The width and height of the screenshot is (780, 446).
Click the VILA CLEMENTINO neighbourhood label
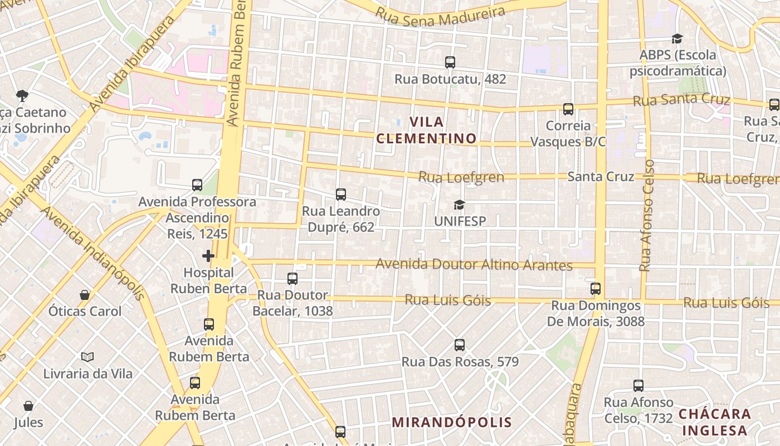tap(427, 130)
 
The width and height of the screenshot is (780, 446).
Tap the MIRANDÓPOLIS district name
tap(451, 422)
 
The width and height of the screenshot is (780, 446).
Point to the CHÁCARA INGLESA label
tap(715, 422)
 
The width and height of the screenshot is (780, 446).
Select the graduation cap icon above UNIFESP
tap(459, 205)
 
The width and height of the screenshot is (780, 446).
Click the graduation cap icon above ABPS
tap(677, 38)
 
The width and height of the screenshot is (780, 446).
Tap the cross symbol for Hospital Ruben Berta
tap(208, 256)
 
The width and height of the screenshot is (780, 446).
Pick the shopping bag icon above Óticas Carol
tap(85, 294)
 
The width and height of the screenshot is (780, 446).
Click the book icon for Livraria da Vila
tap(87, 357)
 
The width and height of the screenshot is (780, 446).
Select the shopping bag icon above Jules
tap(28, 406)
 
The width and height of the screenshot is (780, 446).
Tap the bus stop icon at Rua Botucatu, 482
tap(450, 62)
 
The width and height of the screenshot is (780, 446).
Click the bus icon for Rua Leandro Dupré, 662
tap(341, 195)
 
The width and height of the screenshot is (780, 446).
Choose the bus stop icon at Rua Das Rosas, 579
tap(460, 345)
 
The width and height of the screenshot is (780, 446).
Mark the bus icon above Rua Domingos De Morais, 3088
tap(596, 289)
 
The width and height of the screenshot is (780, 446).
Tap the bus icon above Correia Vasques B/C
tap(568, 109)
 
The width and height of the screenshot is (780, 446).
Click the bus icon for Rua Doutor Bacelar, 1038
tap(292, 278)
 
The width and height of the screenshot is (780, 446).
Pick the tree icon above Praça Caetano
tap(22, 96)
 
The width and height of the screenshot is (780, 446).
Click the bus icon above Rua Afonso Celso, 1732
tap(638, 385)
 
